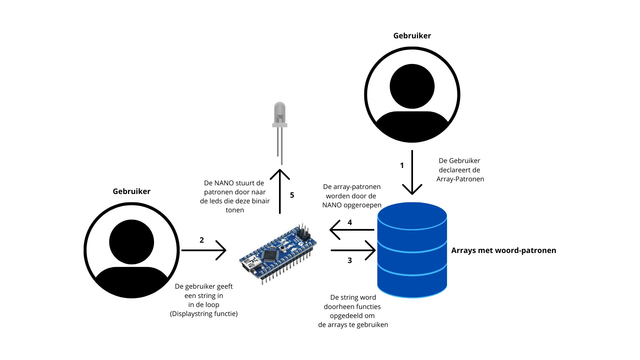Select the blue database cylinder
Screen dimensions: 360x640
pos(412,250)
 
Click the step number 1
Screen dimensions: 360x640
pos(402,165)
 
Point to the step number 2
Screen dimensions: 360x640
pos(202,240)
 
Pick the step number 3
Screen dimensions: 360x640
pos(350,261)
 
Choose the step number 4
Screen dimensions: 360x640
pos(350,222)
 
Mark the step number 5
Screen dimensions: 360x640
pos(292,195)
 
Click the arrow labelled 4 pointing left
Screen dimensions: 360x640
pos(352,230)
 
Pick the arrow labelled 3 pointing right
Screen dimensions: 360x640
pos(353,250)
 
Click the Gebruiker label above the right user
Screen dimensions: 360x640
pos(412,36)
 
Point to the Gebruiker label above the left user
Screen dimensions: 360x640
pos(132,191)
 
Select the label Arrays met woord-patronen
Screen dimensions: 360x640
pos(503,250)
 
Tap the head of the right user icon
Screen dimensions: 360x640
pos(412,86)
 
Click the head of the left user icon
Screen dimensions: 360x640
pos(132,242)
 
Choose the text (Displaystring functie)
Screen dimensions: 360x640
pos(204,314)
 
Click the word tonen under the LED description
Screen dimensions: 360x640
pos(235,210)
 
